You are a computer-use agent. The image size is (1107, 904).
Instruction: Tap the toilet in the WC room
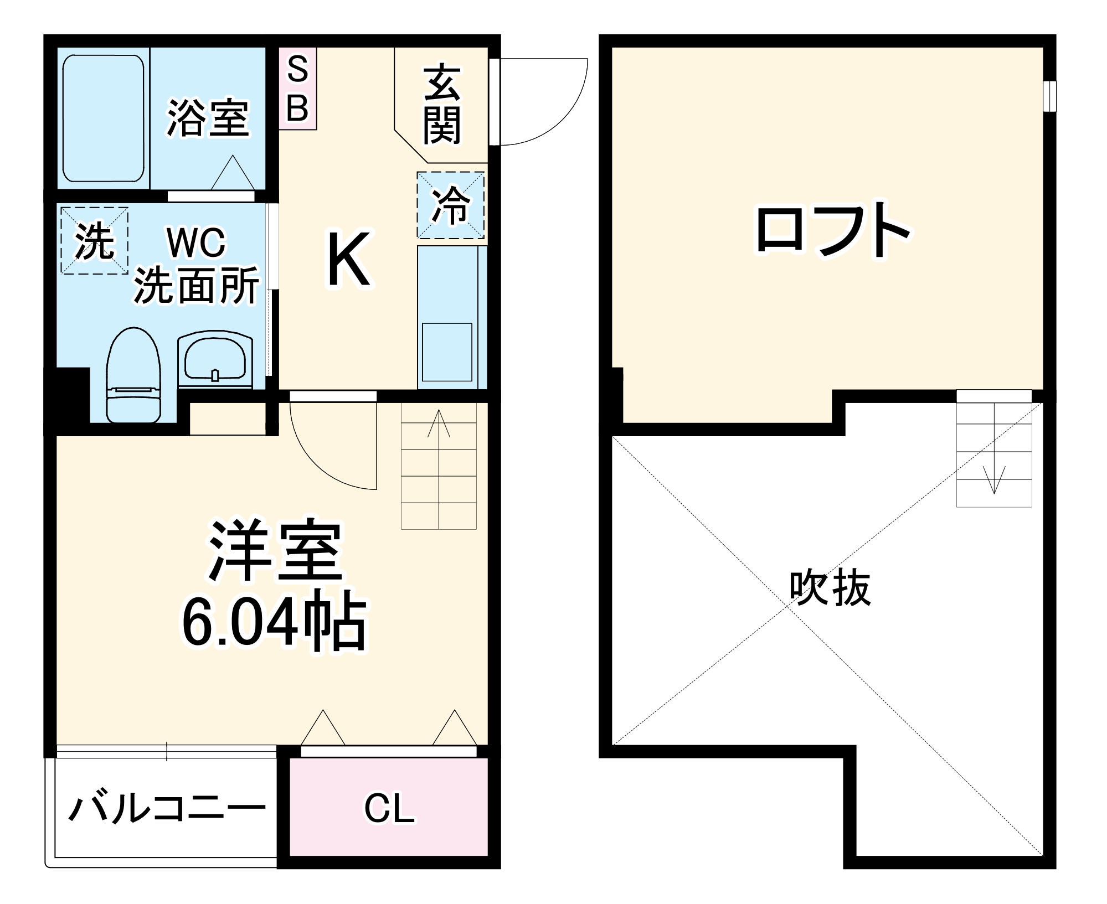[133, 376]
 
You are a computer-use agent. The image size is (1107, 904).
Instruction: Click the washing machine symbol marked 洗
[94, 241]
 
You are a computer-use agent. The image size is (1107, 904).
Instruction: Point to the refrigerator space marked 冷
[451, 205]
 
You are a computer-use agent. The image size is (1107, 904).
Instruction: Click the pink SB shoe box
[297, 89]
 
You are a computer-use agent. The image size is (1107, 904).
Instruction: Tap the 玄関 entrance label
[442, 105]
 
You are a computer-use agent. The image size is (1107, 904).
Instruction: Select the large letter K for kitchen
[348, 260]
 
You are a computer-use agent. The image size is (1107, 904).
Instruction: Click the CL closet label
[389, 809]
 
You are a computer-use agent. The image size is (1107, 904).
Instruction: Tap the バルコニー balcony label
[167, 809]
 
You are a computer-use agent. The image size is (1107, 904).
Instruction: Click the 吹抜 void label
[830, 588]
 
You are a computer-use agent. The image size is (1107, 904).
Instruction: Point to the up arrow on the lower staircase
[439, 424]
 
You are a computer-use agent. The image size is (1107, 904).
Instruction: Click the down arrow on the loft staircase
[995, 479]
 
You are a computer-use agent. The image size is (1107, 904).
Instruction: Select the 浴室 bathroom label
[208, 118]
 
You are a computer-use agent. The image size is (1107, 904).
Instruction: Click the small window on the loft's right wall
[1049, 97]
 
